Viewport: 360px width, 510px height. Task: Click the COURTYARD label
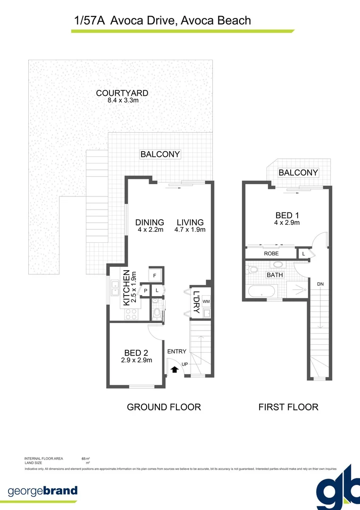coord(122,93)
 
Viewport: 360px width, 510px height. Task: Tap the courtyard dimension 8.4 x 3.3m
coord(122,100)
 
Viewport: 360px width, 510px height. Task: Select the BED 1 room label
coord(288,215)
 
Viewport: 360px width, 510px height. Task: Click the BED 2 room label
coord(136,353)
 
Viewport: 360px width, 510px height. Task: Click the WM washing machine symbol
coord(206,301)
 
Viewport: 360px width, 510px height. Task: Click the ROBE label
coord(271,254)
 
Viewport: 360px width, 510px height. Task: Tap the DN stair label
coord(320,284)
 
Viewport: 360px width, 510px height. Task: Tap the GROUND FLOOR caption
coord(164,407)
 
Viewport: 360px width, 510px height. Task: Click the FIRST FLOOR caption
coord(288,407)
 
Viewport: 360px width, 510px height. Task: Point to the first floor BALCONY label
coord(298,172)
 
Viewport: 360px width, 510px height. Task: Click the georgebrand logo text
coord(42,491)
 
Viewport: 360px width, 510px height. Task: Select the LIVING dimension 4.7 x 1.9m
coord(190,230)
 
